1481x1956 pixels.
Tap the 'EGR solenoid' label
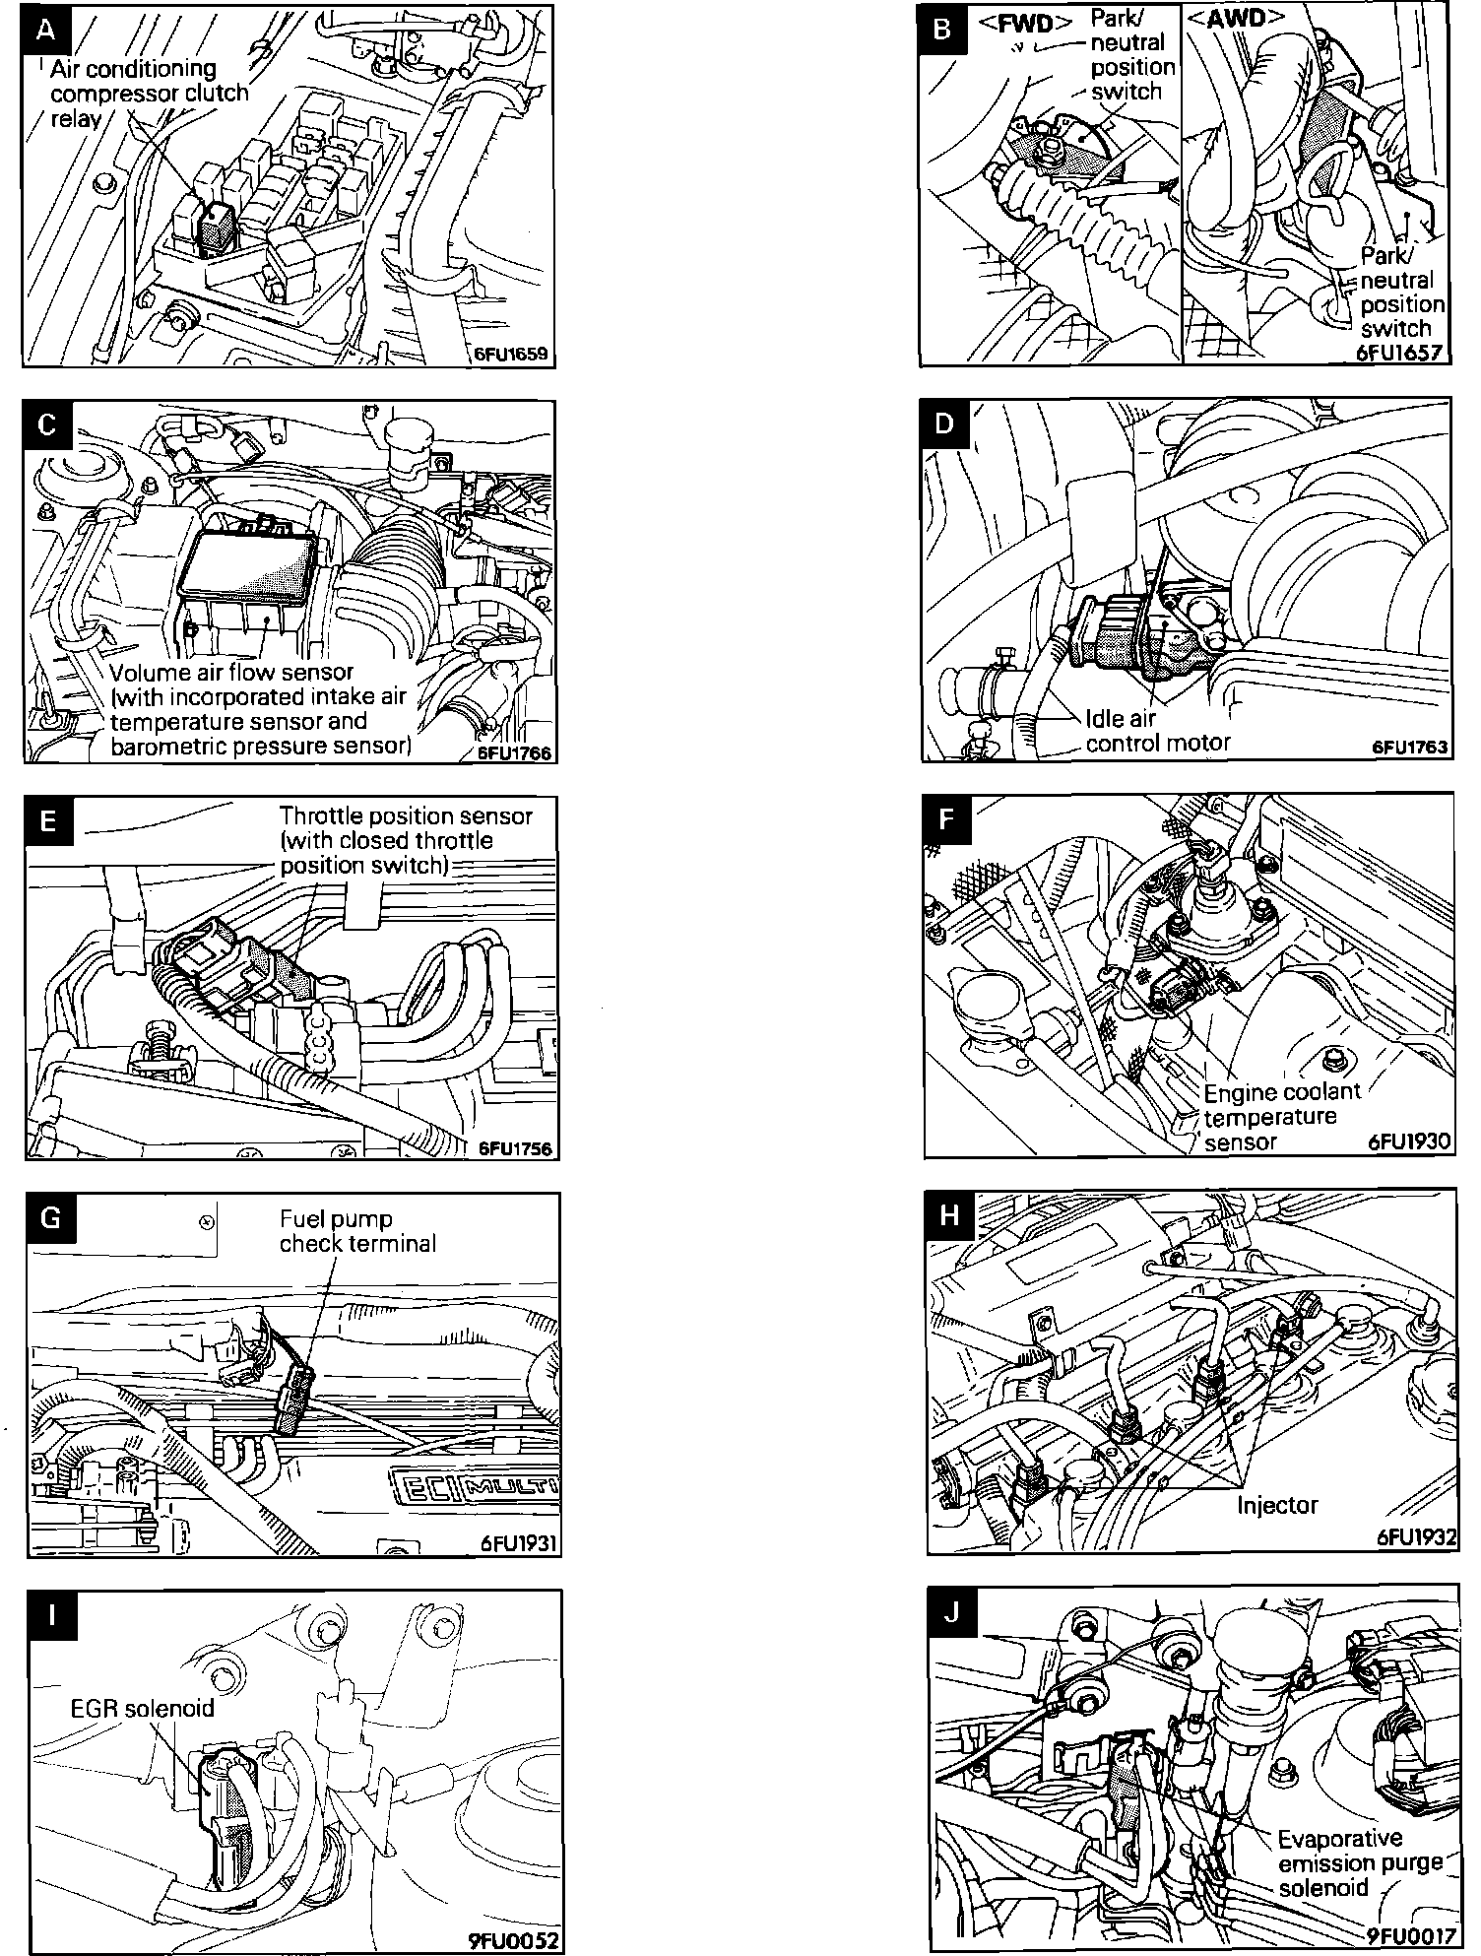142,1707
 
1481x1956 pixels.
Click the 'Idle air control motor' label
1158,730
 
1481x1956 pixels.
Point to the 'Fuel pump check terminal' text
357,1231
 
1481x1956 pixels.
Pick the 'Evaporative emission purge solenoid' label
1359,1862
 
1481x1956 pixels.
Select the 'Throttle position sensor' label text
406,815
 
